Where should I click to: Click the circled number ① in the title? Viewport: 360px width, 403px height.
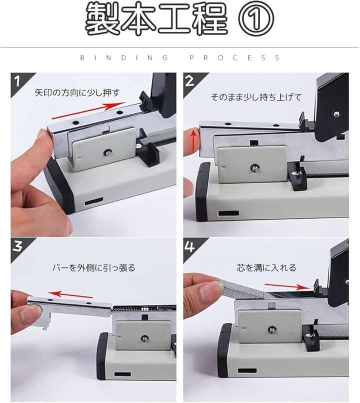(x=256, y=18)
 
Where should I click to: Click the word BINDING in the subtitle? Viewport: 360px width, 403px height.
(x=124, y=57)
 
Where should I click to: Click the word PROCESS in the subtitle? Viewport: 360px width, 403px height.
(x=234, y=57)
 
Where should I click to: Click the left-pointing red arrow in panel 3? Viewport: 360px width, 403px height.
(x=70, y=294)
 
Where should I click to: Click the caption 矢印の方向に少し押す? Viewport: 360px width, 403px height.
(x=77, y=92)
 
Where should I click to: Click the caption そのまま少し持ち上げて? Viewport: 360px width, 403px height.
(x=256, y=97)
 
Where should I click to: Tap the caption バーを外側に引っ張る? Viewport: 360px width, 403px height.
(x=93, y=268)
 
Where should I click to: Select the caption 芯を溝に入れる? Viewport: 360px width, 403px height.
(x=266, y=268)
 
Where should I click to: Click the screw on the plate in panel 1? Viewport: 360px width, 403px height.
(x=107, y=152)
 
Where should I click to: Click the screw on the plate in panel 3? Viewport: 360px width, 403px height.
(x=144, y=338)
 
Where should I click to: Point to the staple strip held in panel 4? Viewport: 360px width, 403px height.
(x=246, y=289)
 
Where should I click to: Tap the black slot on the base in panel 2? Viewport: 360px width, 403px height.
(x=228, y=213)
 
